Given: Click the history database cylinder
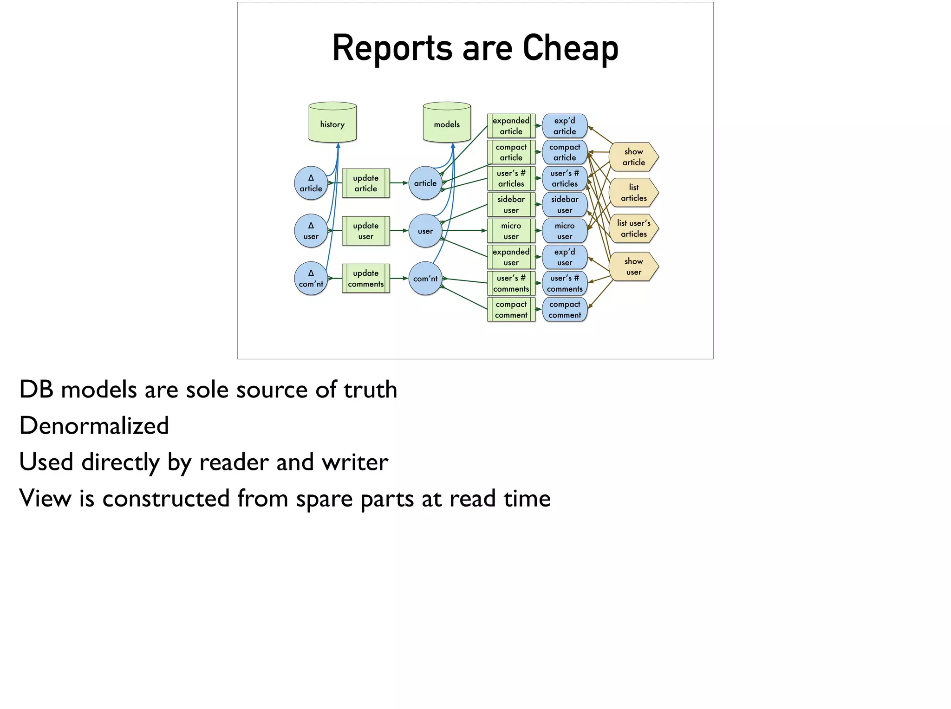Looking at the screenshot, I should pyautogui.click(x=332, y=123).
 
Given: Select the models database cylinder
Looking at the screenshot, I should pyautogui.click(x=447, y=123).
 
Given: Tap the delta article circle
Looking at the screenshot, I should pyautogui.click(x=311, y=183).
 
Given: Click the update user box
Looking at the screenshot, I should pyautogui.click(x=366, y=231).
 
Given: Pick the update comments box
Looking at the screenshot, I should pyautogui.click(x=366, y=279).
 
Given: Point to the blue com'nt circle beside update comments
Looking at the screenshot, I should pyautogui.click(x=425, y=279).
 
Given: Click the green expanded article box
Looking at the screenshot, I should pyautogui.click(x=511, y=126).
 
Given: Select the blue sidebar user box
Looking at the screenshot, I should pyautogui.click(x=565, y=205).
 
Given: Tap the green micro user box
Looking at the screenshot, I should pyautogui.click(x=511, y=231).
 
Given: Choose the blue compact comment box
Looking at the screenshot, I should pyautogui.click(x=565, y=310).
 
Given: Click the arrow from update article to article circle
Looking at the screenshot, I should pyautogui.click(x=399, y=183).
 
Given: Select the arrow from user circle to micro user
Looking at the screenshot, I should pyautogui.click(x=464, y=231).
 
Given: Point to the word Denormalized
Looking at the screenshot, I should pyautogui.click(x=94, y=426).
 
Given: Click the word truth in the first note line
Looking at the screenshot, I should pyautogui.click(x=370, y=390).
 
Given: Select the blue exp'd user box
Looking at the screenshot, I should pyautogui.click(x=565, y=257).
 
